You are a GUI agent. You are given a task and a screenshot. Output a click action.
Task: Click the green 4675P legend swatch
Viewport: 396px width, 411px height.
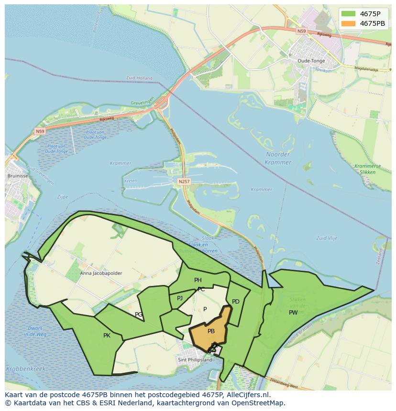[348, 14]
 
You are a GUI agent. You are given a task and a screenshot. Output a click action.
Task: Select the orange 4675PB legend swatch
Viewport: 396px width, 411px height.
[348, 23]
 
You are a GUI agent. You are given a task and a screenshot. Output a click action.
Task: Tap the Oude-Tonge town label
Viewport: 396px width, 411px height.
[311, 61]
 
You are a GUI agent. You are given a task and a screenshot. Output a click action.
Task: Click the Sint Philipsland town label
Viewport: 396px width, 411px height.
[195, 360]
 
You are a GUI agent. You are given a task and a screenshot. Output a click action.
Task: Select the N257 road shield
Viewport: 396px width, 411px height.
[184, 181]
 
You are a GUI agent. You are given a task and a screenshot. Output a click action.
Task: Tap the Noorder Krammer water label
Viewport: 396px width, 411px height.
[278, 158]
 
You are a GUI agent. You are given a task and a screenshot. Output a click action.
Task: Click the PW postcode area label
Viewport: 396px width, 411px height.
[293, 313]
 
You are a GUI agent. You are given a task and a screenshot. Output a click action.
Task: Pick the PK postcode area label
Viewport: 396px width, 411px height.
[107, 336]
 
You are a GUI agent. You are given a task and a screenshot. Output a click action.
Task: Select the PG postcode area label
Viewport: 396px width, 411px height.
[139, 315]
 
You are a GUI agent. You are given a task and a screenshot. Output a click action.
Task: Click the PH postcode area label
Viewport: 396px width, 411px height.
[198, 280]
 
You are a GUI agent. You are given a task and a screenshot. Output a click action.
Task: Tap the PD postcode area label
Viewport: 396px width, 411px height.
[235, 302]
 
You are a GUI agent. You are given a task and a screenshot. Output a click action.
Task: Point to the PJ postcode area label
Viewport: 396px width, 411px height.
[180, 298]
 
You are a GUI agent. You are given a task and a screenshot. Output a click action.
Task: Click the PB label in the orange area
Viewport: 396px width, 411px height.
[211, 331]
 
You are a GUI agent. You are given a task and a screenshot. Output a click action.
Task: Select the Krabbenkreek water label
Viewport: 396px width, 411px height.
[25, 369]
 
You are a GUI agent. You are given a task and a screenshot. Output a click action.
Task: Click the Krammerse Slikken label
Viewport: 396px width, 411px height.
[368, 169]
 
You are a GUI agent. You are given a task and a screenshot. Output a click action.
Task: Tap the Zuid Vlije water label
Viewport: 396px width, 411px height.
[327, 238]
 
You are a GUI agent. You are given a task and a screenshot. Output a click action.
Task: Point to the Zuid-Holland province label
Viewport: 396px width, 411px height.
[139, 78]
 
